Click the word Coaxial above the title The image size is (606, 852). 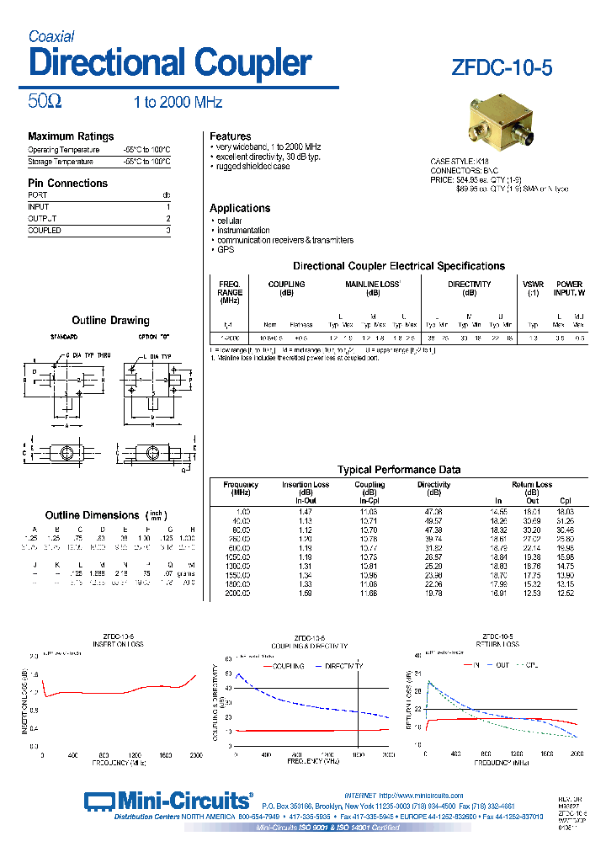(x=51, y=36)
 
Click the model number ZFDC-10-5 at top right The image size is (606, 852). (x=502, y=68)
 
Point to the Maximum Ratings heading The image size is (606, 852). (x=71, y=136)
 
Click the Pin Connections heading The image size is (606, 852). (x=67, y=183)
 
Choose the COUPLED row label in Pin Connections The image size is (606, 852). (x=45, y=230)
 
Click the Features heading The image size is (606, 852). (x=230, y=136)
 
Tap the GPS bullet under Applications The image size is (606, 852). (x=226, y=250)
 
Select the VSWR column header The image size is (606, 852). (x=533, y=285)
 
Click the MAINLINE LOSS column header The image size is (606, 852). (x=373, y=285)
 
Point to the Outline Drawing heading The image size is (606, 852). (x=110, y=321)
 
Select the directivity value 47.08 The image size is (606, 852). (x=433, y=512)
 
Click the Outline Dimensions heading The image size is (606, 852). (x=92, y=515)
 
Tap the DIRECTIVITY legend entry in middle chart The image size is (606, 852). (x=343, y=665)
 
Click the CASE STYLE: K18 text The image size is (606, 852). (x=459, y=161)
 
